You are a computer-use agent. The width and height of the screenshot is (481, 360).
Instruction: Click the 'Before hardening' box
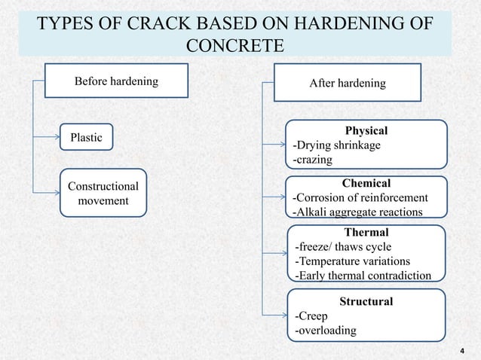115,81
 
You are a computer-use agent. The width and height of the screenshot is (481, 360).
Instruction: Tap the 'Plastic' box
86,138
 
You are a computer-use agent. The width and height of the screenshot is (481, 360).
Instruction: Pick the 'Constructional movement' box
103,193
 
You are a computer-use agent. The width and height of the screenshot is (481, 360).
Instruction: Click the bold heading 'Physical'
366,131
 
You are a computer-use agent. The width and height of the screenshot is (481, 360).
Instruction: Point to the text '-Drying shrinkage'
336,145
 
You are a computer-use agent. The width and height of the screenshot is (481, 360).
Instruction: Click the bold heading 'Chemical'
366,183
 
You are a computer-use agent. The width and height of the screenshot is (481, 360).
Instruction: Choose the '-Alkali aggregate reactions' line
357,212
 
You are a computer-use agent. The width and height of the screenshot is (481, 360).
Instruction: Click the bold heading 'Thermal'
366,232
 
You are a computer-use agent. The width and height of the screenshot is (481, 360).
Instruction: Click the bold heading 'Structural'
366,301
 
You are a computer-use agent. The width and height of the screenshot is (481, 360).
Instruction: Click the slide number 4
462,350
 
